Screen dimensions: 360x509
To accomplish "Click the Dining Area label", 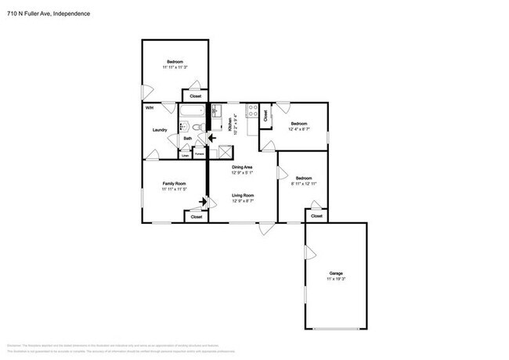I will [x=241, y=167].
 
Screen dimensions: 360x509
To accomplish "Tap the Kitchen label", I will [x=230, y=124].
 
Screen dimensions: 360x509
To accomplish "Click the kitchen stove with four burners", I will [x=252, y=112].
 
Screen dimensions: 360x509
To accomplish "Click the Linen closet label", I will [x=185, y=155].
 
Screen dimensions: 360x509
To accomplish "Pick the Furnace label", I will [x=200, y=155].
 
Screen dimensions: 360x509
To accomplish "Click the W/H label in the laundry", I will [x=149, y=107].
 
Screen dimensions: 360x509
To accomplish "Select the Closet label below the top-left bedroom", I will [x=196, y=96].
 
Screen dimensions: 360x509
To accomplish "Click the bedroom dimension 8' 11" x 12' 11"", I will [x=303, y=183].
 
